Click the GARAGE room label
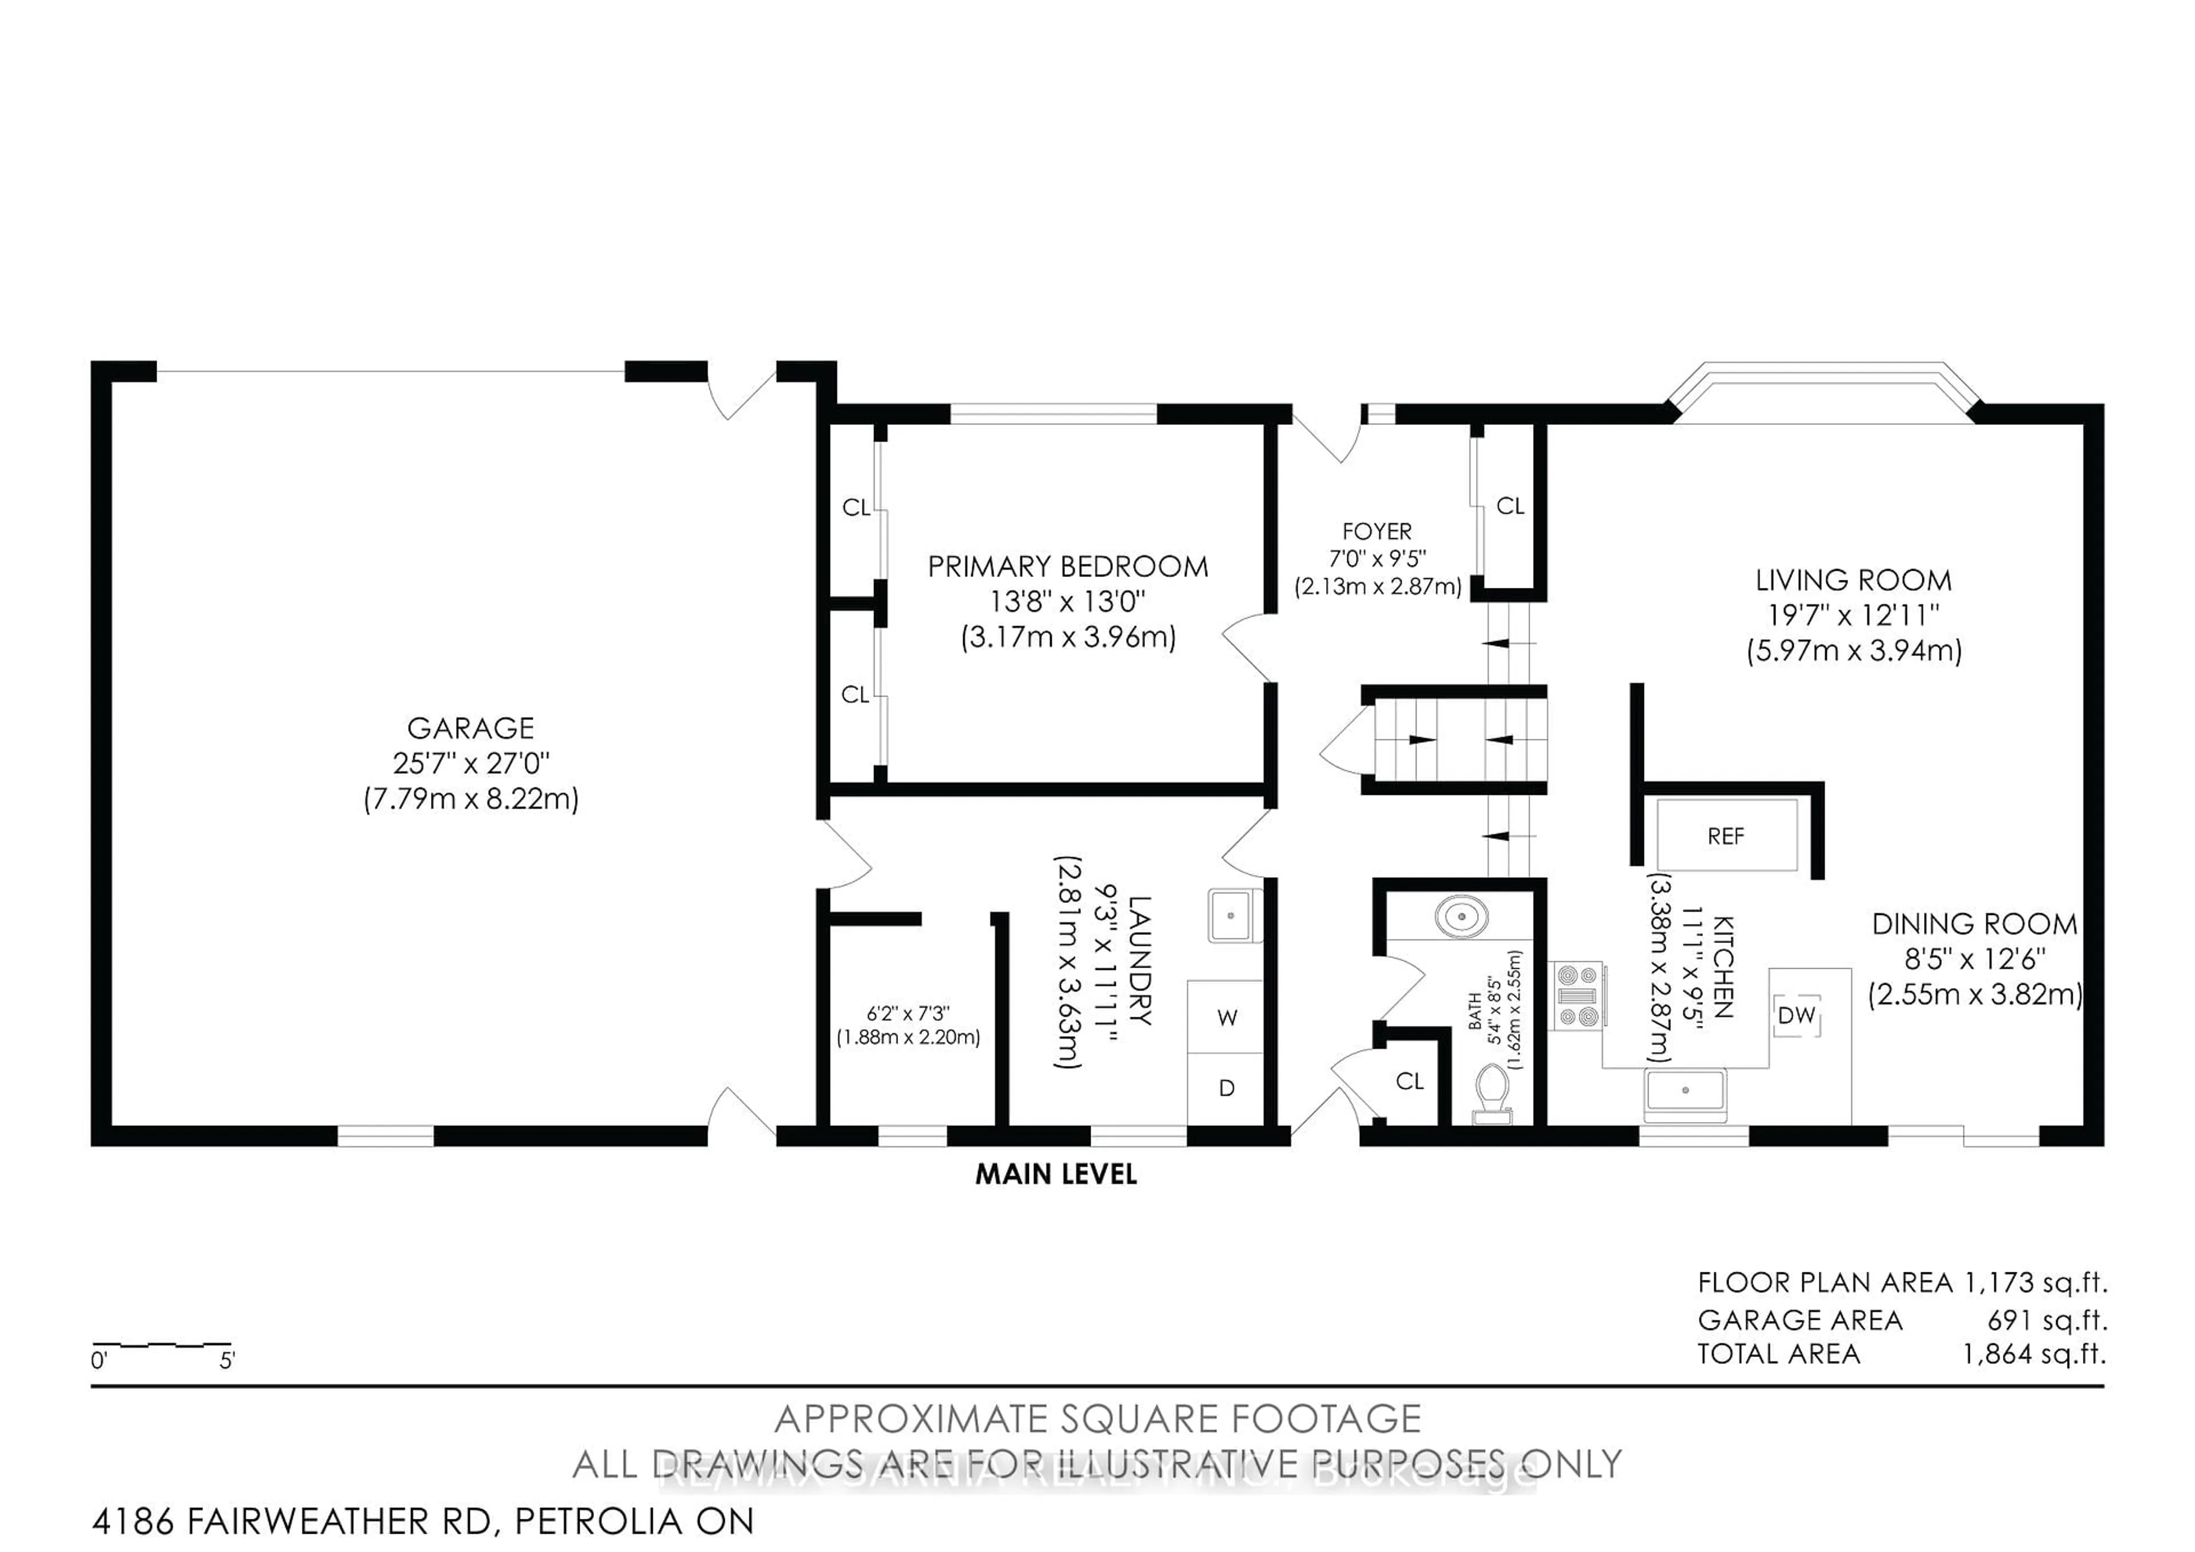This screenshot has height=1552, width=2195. click(x=470, y=729)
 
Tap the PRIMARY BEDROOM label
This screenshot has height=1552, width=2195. click(x=1068, y=567)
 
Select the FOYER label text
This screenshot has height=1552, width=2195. click(x=1376, y=532)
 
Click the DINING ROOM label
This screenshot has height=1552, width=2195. click(x=1974, y=925)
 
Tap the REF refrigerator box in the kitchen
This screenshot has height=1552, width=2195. click(x=1726, y=837)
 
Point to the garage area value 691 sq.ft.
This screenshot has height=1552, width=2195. click(x=2047, y=1320)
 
